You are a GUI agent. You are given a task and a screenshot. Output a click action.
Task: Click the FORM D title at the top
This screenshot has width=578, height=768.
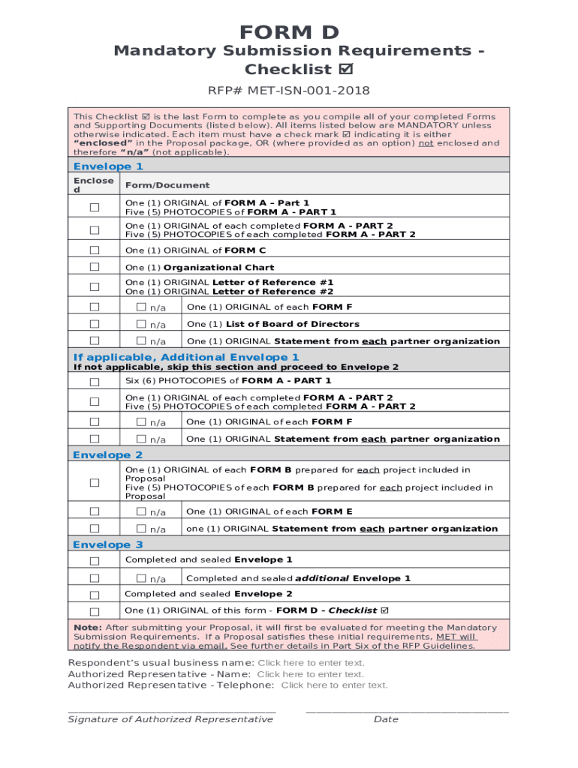(289, 32)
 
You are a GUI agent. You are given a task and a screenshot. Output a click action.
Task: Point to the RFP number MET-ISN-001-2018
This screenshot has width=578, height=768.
(289, 91)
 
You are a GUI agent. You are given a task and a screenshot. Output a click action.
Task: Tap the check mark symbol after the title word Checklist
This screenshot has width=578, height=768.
(346, 70)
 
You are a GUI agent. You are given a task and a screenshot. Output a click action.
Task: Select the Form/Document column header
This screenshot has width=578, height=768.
(167, 185)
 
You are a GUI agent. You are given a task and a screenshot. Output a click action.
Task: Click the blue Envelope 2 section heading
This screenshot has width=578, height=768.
(107, 455)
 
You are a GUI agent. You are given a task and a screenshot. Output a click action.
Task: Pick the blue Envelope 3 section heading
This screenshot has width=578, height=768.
(107, 545)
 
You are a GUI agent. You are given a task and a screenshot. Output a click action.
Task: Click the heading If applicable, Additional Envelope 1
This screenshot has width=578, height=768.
(185, 357)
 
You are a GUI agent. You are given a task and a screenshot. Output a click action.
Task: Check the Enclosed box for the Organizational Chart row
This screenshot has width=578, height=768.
(95, 267)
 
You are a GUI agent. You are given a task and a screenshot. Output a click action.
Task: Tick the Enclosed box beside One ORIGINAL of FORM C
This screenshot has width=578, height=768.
(95, 250)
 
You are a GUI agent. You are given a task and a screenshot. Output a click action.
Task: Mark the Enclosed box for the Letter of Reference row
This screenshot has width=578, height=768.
(95, 286)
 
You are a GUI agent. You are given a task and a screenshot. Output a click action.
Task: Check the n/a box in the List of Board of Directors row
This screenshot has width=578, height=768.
(141, 324)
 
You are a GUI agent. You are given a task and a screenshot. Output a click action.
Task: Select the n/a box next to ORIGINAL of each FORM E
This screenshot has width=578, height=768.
(141, 511)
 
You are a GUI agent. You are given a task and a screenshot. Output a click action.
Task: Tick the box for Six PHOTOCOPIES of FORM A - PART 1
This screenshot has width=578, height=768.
(95, 382)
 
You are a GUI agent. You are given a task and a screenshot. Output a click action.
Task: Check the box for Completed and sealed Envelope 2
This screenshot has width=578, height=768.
(95, 595)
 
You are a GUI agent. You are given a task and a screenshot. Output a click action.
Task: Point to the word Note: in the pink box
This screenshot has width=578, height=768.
(87, 628)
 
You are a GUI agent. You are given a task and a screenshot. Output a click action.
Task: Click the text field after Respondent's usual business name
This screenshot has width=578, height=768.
(311, 663)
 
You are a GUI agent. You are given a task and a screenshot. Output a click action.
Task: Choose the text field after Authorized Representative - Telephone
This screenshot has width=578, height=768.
(334, 685)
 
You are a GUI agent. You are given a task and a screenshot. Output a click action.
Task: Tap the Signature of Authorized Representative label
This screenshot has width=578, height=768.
(170, 720)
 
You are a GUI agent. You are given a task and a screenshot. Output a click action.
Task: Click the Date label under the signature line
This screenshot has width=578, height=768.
(386, 720)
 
